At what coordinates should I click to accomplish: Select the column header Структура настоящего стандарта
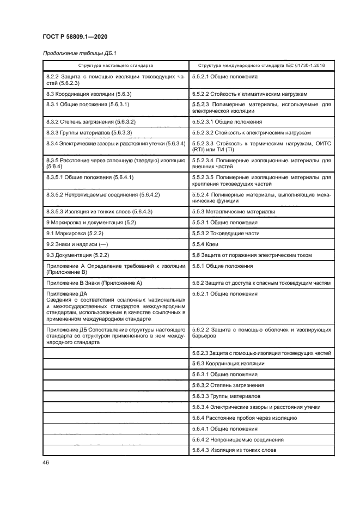(115, 65)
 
